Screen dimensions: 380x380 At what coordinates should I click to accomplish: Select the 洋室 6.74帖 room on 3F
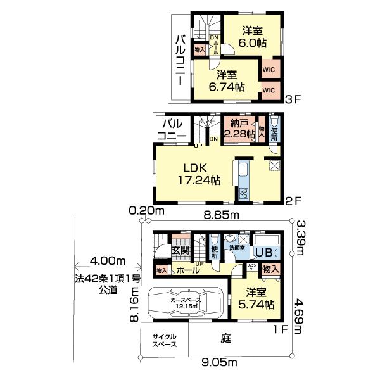click(225, 80)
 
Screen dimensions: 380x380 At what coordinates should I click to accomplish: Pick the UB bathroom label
click(264, 252)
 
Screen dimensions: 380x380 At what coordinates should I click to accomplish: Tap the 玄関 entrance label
click(180, 250)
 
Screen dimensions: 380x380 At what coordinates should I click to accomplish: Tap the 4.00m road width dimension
click(108, 261)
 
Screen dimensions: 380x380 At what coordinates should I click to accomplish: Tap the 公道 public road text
click(108, 290)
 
